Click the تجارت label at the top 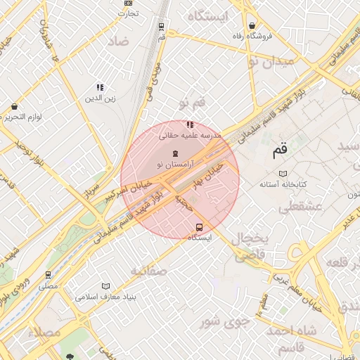tap(127, 13)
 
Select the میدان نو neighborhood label tap(283, 63)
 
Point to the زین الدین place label tap(100, 99)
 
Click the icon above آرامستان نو tap(175, 153)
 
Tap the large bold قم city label tap(280, 150)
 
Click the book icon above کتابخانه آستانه tap(283, 173)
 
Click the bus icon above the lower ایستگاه tap(200, 227)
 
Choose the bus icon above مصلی tap(48, 275)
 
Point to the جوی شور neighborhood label tap(224, 322)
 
